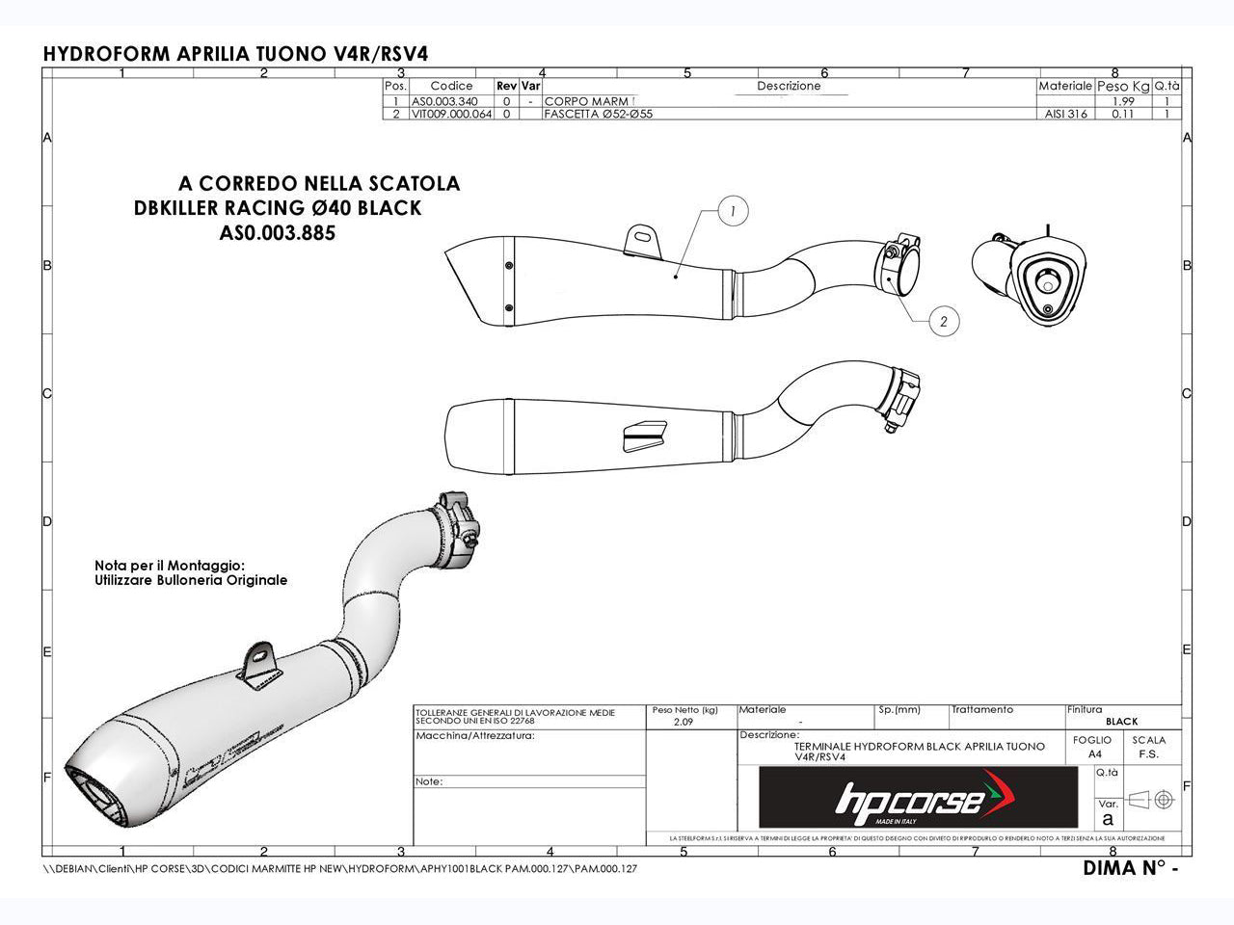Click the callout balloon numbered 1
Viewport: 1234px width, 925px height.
(x=733, y=211)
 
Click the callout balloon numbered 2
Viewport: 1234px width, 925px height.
(x=943, y=322)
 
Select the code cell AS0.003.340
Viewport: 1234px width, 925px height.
(x=444, y=101)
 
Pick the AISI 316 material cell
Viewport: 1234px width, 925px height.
(x=1065, y=114)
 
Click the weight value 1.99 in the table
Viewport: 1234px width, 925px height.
(x=1123, y=101)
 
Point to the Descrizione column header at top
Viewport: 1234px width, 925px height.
(x=789, y=86)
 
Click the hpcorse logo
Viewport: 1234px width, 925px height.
(x=918, y=798)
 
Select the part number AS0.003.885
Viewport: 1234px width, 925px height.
(x=278, y=232)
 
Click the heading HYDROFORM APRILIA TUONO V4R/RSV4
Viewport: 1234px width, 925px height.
(x=234, y=53)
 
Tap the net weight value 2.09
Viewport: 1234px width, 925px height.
(x=683, y=722)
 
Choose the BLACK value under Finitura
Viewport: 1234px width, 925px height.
(x=1121, y=721)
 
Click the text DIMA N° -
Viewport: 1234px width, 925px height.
(x=1130, y=868)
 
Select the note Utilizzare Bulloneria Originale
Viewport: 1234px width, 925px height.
(x=191, y=580)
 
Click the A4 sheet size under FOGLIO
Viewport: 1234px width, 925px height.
(x=1094, y=754)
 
